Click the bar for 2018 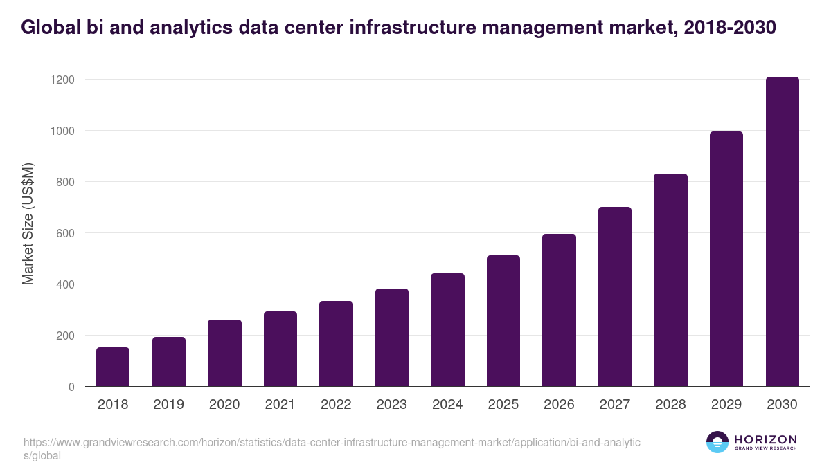click(113, 367)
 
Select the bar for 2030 click(782, 232)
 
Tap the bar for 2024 click(447, 330)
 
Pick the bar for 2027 click(615, 297)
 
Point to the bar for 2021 click(280, 349)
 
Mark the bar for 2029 click(726, 259)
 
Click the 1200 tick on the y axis click(62, 80)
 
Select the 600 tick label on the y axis click(65, 233)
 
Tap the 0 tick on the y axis click(71, 387)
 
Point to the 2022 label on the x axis click(336, 405)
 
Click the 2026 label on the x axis click(559, 405)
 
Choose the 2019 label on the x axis click(168, 405)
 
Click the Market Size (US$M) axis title click(28, 223)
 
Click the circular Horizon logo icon click(717, 442)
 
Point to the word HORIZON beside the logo click(765, 439)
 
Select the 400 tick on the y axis click(65, 284)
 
